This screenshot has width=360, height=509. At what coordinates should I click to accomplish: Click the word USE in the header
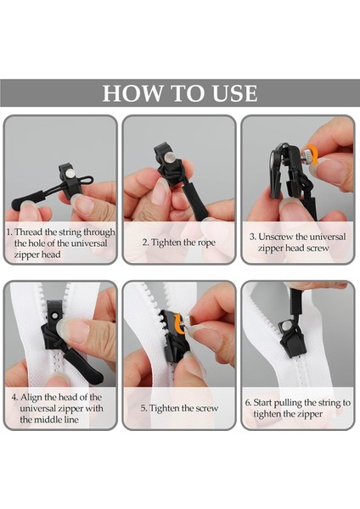(234, 93)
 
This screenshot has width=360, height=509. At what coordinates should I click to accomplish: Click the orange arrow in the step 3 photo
(313, 154)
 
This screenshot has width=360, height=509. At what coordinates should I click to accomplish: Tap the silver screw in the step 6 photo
(286, 326)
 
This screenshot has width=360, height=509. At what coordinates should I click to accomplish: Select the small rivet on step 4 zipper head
(55, 315)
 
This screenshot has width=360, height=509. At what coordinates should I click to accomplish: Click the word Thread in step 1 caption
(28, 232)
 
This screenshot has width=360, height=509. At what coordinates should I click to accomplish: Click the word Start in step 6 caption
(262, 403)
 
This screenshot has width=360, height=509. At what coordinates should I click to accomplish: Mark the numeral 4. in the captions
(14, 397)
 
